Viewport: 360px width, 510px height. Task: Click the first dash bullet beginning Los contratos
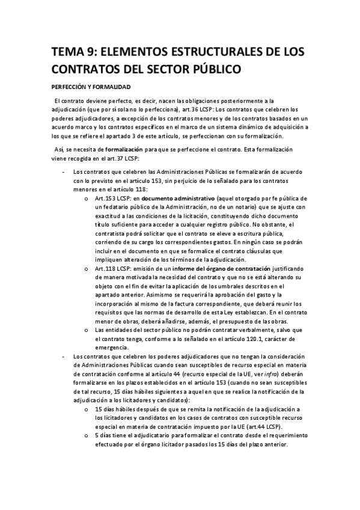click(64, 171)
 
